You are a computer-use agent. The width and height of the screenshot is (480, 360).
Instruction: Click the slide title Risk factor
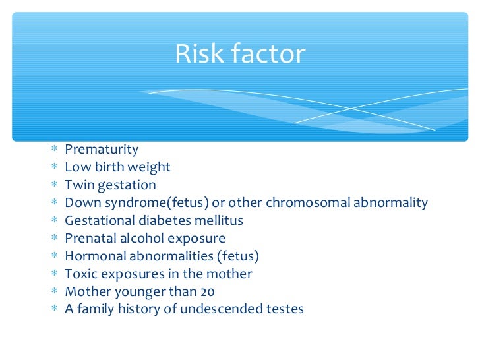point(240,54)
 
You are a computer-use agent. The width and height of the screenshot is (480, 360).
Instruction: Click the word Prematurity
point(102,150)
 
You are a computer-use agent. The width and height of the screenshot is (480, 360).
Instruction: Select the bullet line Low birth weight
point(117,167)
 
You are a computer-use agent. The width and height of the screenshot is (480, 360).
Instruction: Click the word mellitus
point(220,221)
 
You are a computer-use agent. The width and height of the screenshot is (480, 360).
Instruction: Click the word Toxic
point(80,274)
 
